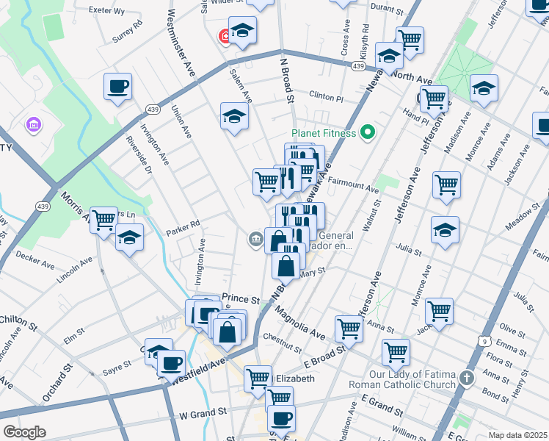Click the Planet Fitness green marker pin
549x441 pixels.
tap(368, 133)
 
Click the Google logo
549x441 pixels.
tap(24, 432)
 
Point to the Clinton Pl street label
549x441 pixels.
tap(326, 97)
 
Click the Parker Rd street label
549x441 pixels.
tap(183, 225)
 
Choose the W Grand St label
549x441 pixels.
tap(198, 415)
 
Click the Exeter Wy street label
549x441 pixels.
tap(106, 11)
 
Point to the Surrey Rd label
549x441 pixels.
tap(126, 31)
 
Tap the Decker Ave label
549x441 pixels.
tap(35, 259)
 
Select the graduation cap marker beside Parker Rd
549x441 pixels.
tap(129, 237)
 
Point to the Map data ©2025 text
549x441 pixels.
tap(517, 434)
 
